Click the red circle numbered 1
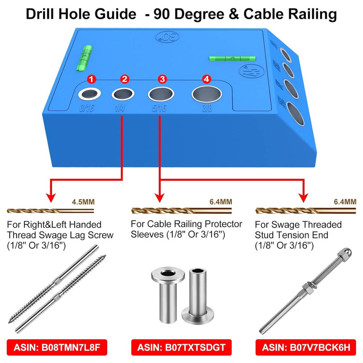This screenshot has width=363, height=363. [91, 79]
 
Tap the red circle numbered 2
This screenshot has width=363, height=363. [124, 79]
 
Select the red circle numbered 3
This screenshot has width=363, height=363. [162, 79]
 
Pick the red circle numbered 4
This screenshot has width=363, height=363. [207, 79]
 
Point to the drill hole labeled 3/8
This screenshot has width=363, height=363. [206, 94]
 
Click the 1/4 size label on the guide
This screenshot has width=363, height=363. [120, 109]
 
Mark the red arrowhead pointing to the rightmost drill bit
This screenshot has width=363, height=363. [302, 198]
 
